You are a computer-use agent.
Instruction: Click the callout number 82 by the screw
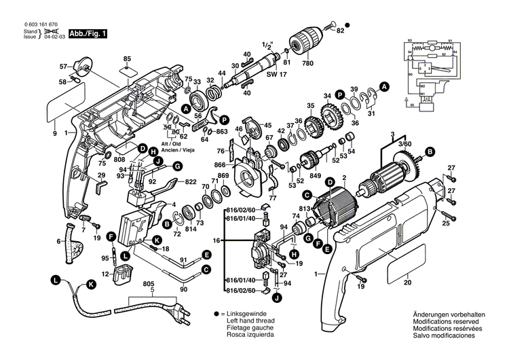coord(340,31)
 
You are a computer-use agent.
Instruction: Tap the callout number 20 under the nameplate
coord(407,283)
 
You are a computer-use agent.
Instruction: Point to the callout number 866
coord(220,164)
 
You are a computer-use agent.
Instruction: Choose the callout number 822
coord(191,181)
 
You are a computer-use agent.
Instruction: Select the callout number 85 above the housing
coord(126,58)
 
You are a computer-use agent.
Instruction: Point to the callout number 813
coord(304,209)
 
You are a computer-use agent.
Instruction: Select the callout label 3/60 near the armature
coord(404,145)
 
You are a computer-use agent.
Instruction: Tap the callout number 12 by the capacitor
coord(105,274)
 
